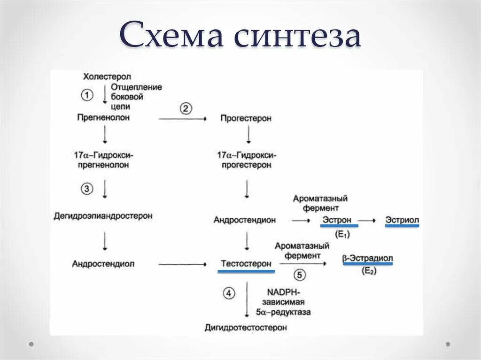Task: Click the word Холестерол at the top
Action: coord(107,77)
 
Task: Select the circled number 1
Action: coord(87,95)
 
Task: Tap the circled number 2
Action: coord(186,108)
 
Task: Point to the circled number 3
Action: coord(87,189)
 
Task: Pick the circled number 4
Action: coord(228,294)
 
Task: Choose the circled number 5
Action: coord(300,275)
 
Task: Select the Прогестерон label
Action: coord(246,119)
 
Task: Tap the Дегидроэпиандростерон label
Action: coord(103,216)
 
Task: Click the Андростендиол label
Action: coord(103,264)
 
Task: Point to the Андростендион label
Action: coord(245,220)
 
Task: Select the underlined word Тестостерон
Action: coord(246,264)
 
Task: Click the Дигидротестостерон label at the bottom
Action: coord(246,328)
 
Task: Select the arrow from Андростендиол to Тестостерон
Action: coord(183,265)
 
